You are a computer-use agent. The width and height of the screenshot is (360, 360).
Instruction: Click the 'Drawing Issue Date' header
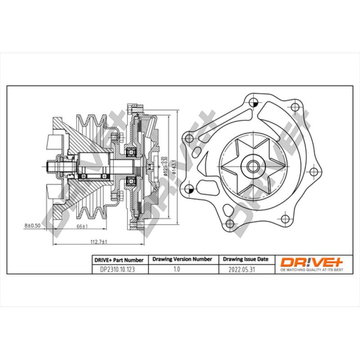245,260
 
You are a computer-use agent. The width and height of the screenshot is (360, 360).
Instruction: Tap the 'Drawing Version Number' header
182,260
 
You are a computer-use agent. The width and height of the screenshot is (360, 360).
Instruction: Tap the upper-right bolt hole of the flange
295,107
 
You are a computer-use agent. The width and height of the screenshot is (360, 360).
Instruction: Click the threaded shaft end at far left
50,166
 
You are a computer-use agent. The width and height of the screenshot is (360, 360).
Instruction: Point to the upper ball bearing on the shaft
131,152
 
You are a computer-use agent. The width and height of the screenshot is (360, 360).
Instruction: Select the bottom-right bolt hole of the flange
284,220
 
